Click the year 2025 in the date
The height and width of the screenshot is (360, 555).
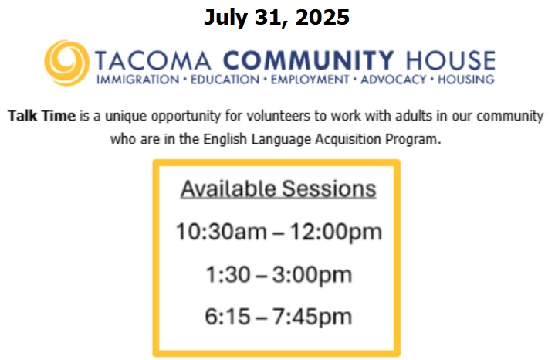coord(322,17)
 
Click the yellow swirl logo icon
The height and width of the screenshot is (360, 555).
coord(66,63)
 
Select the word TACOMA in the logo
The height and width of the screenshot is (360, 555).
coord(153,60)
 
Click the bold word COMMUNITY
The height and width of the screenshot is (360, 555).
coord(308,60)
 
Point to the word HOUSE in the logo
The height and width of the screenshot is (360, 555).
coord(450,60)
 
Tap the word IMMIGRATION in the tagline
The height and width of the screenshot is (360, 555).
coord(137,80)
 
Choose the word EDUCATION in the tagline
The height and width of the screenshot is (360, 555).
coord(225,80)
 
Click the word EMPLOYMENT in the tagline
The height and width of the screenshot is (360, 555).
coord(310,80)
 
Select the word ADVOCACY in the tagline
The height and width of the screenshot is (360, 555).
coord(393,80)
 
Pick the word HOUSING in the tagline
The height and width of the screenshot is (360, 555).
coord(465,80)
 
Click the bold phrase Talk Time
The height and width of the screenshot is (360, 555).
coord(42,116)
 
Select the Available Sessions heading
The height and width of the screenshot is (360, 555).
coord(278,188)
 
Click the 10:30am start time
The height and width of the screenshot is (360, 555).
coord(222,232)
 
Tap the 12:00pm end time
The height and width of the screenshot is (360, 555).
coord(336,233)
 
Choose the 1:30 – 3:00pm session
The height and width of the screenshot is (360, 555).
coord(279,275)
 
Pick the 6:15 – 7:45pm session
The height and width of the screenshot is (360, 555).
coord(278,317)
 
